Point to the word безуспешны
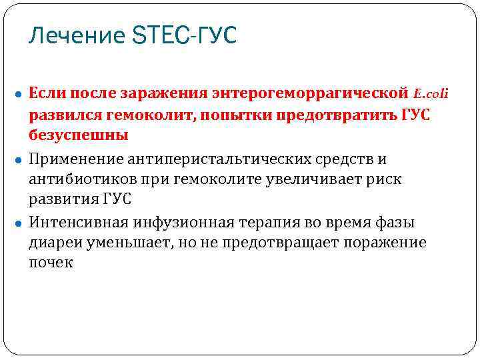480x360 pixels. [79, 135]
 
